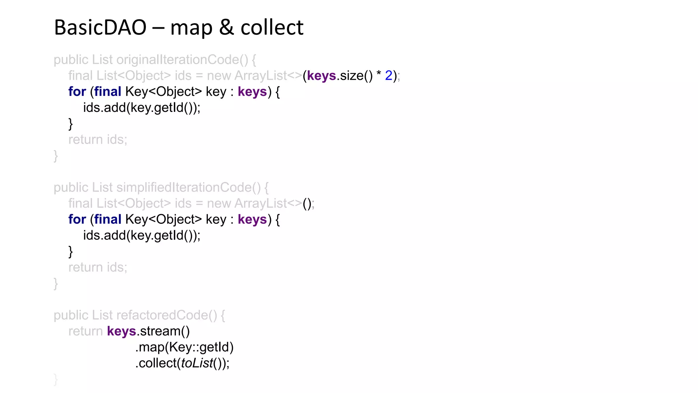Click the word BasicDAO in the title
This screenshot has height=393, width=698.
click(100, 27)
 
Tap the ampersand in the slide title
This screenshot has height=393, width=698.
click(226, 27)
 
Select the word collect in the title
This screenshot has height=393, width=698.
click(272, 27)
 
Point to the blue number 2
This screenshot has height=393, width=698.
click(389, 76)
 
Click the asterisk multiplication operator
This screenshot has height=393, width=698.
click(379, 74)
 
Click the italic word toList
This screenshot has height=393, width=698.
click(197, 363)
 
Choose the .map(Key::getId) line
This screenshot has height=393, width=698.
click(184, 347)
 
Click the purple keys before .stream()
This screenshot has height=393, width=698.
click(121, 331)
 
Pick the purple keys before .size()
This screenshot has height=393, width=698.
click(321, 76)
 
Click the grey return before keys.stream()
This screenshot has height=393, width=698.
click(85, 331)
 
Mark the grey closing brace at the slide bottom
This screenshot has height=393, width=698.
click(56, 379)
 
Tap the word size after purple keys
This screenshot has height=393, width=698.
click(351, 76)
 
